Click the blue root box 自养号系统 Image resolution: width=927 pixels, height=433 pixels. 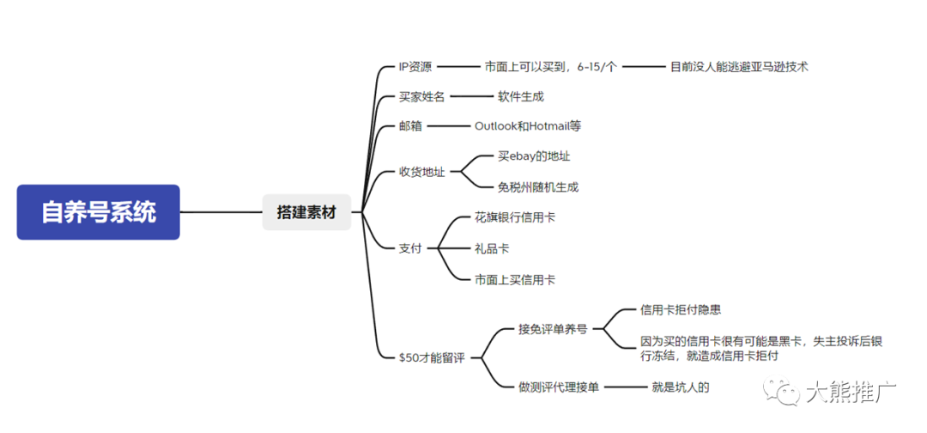click(x=99, y=212)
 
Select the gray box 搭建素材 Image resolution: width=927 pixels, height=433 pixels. click(x=306, y=212)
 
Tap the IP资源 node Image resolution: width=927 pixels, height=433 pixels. click(x=415, y=66)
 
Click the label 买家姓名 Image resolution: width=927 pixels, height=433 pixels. click(x=421, y=96)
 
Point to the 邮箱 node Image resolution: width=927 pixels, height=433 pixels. click(x=410, y=126)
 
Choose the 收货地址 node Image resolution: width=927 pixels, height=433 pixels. click(x=421, y=172)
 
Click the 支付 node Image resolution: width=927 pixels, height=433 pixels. click(x=410, y=248)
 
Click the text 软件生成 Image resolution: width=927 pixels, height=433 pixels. click(x=521, y=96)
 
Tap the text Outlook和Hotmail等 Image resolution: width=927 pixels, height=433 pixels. click(x=527, y=126)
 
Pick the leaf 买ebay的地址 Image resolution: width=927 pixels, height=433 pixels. click(x=534, y=156)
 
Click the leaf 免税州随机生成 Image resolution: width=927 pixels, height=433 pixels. click(x=538, y=186)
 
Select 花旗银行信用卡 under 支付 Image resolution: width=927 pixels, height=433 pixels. click(x=515, y=217)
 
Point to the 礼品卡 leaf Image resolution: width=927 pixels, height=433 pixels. click(x=492, y=248)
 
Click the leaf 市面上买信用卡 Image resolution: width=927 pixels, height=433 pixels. click(x=515, y=279)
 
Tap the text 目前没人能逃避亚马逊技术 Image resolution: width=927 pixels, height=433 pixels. click(x=739, y=66)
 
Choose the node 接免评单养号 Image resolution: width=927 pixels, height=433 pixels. click(x=552, y=327)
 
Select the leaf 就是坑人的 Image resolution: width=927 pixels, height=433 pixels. click(x=681, y=387)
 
